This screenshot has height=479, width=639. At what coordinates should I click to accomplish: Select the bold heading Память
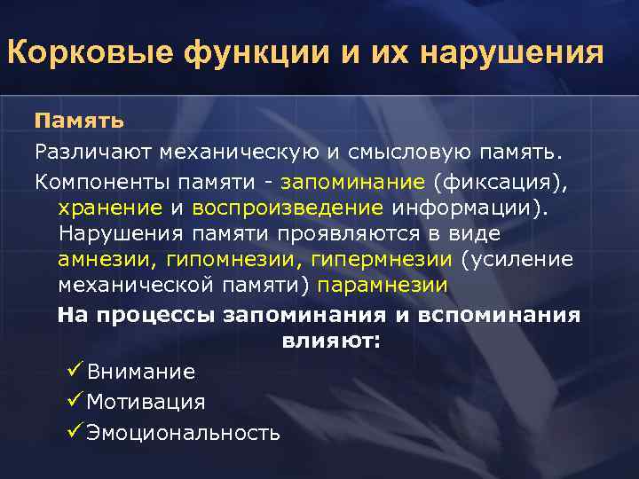[79, 120]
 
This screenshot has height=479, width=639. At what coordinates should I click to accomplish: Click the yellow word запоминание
[352, 183]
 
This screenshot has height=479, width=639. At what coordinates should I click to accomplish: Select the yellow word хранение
[110, 208]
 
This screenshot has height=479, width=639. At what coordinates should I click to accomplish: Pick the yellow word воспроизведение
[288, 208]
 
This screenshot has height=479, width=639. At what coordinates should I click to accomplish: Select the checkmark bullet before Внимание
[74, 371]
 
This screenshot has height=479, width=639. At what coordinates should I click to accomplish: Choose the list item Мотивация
[146, 402]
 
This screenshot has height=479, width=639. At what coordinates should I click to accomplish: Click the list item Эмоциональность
[183, 433]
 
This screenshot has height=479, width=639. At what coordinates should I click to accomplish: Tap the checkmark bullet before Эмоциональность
[74, 432]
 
